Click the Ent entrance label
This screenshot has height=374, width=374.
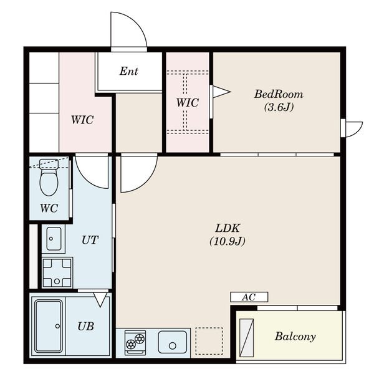tap(129, 71)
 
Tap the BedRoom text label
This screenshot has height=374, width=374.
tap(279, 94)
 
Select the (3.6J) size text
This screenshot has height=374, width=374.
tap(279, 107)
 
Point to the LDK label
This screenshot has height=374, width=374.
tap(228, 228)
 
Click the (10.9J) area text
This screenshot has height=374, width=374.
tap(228, 241)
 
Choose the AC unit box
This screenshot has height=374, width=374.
tap(249, 297)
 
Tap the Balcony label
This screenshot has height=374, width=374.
tap(295, 337)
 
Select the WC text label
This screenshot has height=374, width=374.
tap(49, 208)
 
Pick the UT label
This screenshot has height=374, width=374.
tap(90, 240)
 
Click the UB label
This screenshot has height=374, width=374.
tap(86, 326)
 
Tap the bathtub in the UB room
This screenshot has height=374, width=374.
tap(49, 326)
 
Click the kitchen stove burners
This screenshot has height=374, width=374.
tap(135, 342)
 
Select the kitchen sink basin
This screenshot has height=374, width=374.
tap(173, 342)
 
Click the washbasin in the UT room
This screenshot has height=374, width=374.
tap(54, 239)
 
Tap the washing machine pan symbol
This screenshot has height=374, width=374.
tap(57, 272)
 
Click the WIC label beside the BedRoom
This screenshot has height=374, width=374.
tap(188, 103)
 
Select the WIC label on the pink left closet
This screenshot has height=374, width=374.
tap(82, 120)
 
